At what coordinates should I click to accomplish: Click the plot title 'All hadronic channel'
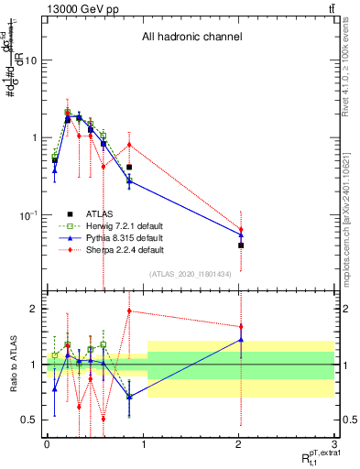pos(191,38)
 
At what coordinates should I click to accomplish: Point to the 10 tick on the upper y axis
pos(29,60)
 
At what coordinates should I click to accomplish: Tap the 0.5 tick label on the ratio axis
pos(30,420)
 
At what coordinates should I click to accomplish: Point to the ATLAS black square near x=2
pos(241,245)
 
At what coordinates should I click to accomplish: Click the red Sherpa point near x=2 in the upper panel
pos(241,230)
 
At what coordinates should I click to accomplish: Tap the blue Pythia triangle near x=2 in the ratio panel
pos(241,340)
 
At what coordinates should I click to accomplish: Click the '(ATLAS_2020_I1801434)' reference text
pos(191,274)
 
